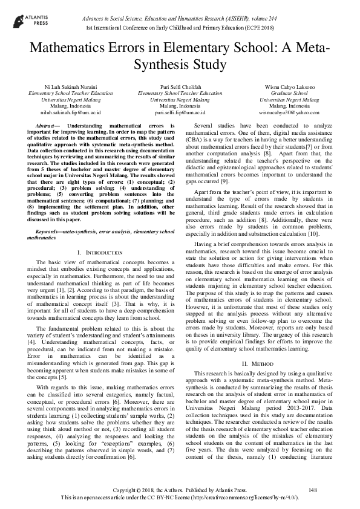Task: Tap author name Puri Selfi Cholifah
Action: coord(180,88)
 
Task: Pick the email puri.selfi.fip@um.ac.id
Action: coord(180,112)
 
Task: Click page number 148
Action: coord(313,489)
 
